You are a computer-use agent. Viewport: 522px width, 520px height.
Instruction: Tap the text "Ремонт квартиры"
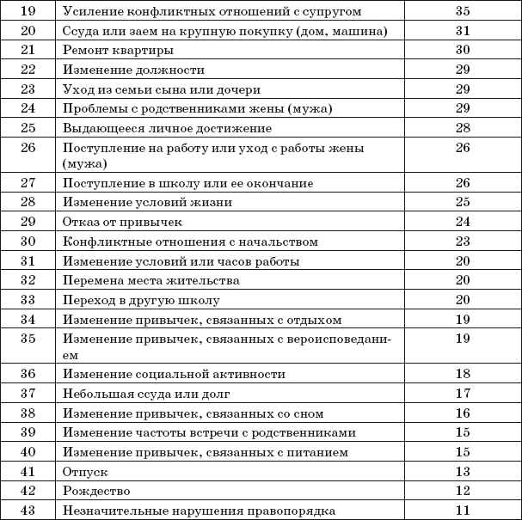[x=112, y=51]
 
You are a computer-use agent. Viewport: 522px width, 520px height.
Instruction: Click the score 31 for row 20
[x=463, y=32]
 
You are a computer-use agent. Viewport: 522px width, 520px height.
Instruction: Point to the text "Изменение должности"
[x=133, y=70]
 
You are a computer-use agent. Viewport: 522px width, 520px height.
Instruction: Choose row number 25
[x=28, y=127]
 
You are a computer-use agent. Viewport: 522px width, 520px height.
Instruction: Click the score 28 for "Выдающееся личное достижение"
[x=463, y=127]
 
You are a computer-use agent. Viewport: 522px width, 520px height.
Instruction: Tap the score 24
[x=463, y=222]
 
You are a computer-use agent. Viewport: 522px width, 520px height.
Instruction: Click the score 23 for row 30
[x=463, y=242]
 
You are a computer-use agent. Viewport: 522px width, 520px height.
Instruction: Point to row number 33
[x=28, y=300]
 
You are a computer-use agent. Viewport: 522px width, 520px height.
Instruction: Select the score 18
[x=463, y=375]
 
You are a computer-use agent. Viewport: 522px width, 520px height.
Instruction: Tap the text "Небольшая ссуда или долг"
[x=140, y=394]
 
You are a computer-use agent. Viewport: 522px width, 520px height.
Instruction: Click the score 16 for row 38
[x=463, y=413]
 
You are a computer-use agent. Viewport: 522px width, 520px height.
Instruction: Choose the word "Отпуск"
[x=83, y=472]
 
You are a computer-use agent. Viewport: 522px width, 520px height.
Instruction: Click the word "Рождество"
[x=96, y=491]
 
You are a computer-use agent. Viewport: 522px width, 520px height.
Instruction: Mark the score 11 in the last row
[x=463, y=510]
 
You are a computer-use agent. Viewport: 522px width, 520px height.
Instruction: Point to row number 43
[x=28, y=510]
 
